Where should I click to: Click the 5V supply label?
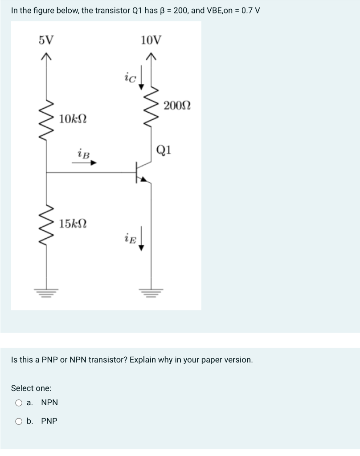46,40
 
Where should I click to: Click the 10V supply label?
151,40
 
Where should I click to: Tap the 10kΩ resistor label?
73,119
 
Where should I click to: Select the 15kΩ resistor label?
73,223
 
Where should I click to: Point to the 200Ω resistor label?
177,106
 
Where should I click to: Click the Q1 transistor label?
164,149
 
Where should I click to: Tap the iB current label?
83,154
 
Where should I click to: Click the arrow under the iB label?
84,163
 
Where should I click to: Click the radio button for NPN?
19,403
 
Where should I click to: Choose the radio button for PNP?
19,421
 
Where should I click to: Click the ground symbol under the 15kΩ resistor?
46,292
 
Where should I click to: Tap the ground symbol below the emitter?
151,292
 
